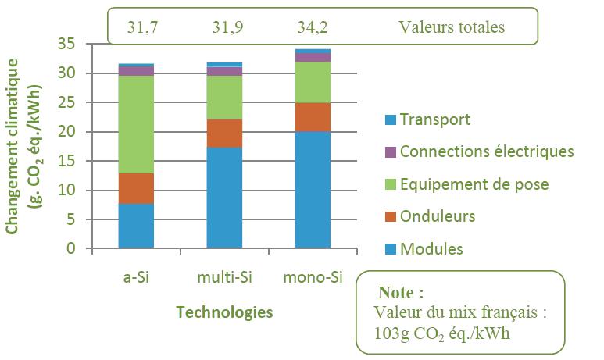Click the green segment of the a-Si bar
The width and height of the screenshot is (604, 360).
136,124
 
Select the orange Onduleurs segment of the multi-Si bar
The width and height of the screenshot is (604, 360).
224,133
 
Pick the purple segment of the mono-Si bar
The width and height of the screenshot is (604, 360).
313,57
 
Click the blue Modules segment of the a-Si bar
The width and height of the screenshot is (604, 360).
136,226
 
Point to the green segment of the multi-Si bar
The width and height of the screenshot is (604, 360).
224,97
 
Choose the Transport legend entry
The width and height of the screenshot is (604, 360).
434,119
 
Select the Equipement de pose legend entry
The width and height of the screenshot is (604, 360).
474,184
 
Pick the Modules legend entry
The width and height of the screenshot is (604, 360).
431,249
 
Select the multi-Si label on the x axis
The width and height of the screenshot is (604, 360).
224,277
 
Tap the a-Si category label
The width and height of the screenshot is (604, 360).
136,277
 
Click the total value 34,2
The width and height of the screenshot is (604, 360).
313,27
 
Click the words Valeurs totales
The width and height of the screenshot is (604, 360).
452,27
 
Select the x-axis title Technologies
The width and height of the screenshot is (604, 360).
224,312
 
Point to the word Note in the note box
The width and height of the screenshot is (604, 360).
401,293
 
